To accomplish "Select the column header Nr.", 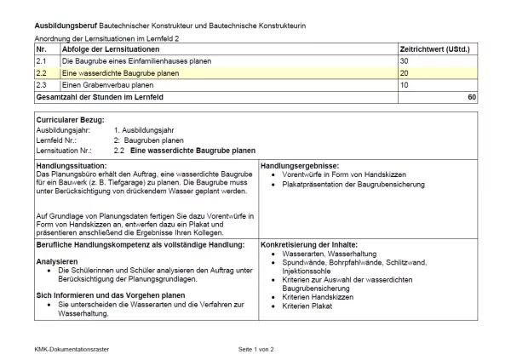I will [x=40, y=50].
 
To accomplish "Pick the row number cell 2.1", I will [x=41, y=62].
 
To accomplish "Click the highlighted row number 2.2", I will [x=41, y=74].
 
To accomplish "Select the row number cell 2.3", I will [x=41, y=86].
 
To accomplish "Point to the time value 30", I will [x=404, y=62].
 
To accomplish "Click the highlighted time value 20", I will [x=404, y=74].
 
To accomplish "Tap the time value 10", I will [x=404, y=86].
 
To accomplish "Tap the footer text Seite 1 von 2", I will [x=255, y=350].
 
